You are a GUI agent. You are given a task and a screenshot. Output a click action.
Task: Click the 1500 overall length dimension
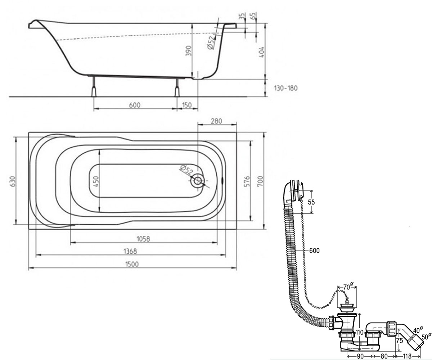(132, 264)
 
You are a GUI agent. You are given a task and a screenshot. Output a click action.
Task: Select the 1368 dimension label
(130, 251)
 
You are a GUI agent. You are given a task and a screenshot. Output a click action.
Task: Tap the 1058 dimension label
(143, 239)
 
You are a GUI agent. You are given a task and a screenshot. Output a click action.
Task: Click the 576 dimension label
(247, 181)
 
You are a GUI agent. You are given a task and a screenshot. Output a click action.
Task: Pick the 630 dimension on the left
(12, 181)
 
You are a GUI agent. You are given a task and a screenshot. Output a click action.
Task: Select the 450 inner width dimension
(96, 181)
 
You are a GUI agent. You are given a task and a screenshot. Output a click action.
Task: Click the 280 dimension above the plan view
(216, 121)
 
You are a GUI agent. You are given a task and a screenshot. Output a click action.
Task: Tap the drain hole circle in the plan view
(198, 181)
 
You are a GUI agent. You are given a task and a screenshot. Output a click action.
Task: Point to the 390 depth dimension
(189, 51)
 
